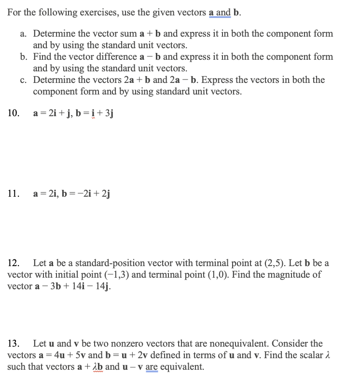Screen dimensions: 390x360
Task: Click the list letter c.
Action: (24, 80)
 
